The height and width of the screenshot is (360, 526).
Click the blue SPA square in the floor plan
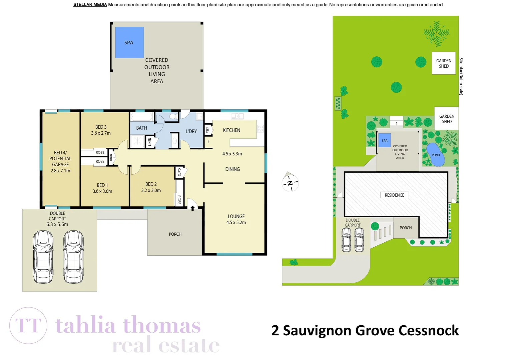129,42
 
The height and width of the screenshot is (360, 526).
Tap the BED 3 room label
101,127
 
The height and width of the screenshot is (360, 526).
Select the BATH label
141,128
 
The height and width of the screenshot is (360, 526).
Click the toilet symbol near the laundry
173,116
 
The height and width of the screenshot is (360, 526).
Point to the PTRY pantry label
207,130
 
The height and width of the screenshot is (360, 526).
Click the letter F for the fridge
209,141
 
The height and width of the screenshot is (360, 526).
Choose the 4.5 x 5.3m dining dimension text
232,154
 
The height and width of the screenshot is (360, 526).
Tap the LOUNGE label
236,216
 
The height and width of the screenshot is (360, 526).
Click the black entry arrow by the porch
192,208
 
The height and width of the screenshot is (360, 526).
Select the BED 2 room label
151,184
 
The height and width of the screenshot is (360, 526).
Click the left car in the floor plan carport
43,257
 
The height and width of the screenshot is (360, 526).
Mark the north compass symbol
290,182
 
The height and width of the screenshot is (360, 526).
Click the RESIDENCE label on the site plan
394,195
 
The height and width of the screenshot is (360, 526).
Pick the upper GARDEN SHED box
444,63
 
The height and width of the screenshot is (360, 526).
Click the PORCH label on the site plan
406,228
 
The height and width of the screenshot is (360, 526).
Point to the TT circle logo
28,325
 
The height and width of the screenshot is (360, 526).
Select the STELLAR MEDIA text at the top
90,5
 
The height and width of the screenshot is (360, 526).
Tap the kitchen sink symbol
237,116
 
